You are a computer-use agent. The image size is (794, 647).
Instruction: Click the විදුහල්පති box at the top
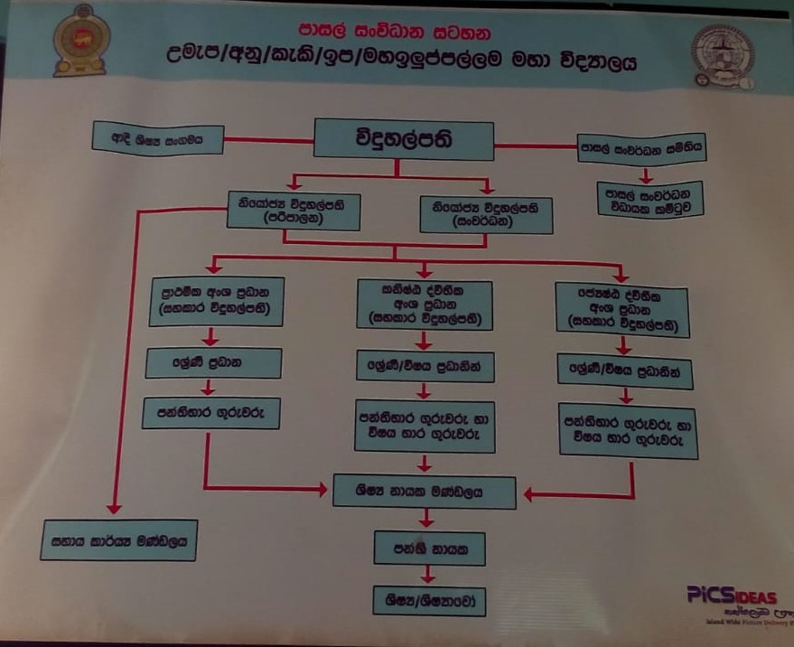(x=403, y=141)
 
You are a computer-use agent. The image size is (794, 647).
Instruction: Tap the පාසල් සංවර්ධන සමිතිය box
(x=642, y=146)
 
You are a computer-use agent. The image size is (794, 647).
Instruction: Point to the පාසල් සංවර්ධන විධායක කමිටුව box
(x=650, y=199)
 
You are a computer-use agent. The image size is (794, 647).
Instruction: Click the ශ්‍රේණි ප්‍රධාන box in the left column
(x=214, y=363)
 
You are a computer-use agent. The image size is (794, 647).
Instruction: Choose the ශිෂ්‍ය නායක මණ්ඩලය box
(x=425, y=492)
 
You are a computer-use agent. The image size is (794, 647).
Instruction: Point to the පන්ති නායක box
(x=428, y=548)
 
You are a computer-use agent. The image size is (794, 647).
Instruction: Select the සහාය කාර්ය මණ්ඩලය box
(x=118, y=541)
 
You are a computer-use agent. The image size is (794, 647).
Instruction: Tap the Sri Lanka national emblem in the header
(x=79, y=41)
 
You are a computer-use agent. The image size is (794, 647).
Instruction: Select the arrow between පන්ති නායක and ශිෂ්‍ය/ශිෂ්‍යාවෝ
(x=428, y=574)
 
